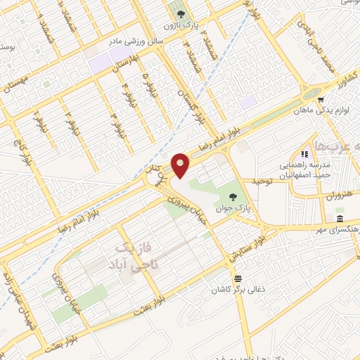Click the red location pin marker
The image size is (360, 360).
click(181, 165)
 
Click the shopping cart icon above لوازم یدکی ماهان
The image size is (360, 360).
click(321, 100)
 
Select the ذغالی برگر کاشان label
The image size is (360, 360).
click(238, 290)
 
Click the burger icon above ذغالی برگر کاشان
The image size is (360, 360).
click(238, 278)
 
